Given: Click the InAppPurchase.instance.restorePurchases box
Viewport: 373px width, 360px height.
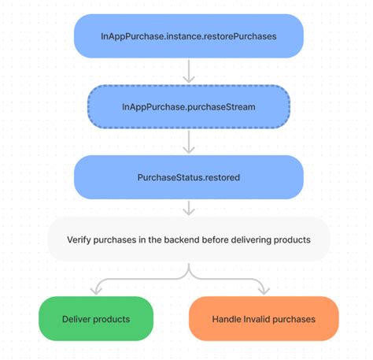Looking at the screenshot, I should coord(188,35).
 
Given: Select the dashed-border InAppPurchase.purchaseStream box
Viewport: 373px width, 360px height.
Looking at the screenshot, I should coord(188,106).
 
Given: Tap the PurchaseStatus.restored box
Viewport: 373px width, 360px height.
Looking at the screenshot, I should coord(188,176).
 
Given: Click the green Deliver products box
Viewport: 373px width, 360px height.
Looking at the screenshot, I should coord(96,318).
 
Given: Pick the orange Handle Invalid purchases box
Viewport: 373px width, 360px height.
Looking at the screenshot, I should coord(264,318).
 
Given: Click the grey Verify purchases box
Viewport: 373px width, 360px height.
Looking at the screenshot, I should coord(188,239).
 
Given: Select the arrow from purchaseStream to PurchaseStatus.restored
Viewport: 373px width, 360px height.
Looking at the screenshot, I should coord(188,141).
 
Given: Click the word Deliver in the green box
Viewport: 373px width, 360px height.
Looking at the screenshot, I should coord(77,319).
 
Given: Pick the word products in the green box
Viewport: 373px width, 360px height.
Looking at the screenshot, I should coord(113,319).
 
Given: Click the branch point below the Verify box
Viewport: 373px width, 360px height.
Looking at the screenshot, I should coord(188,275).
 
